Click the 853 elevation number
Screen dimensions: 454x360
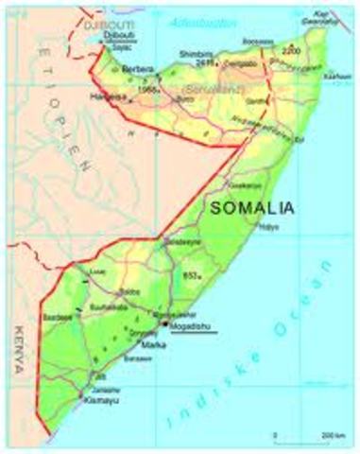191,273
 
